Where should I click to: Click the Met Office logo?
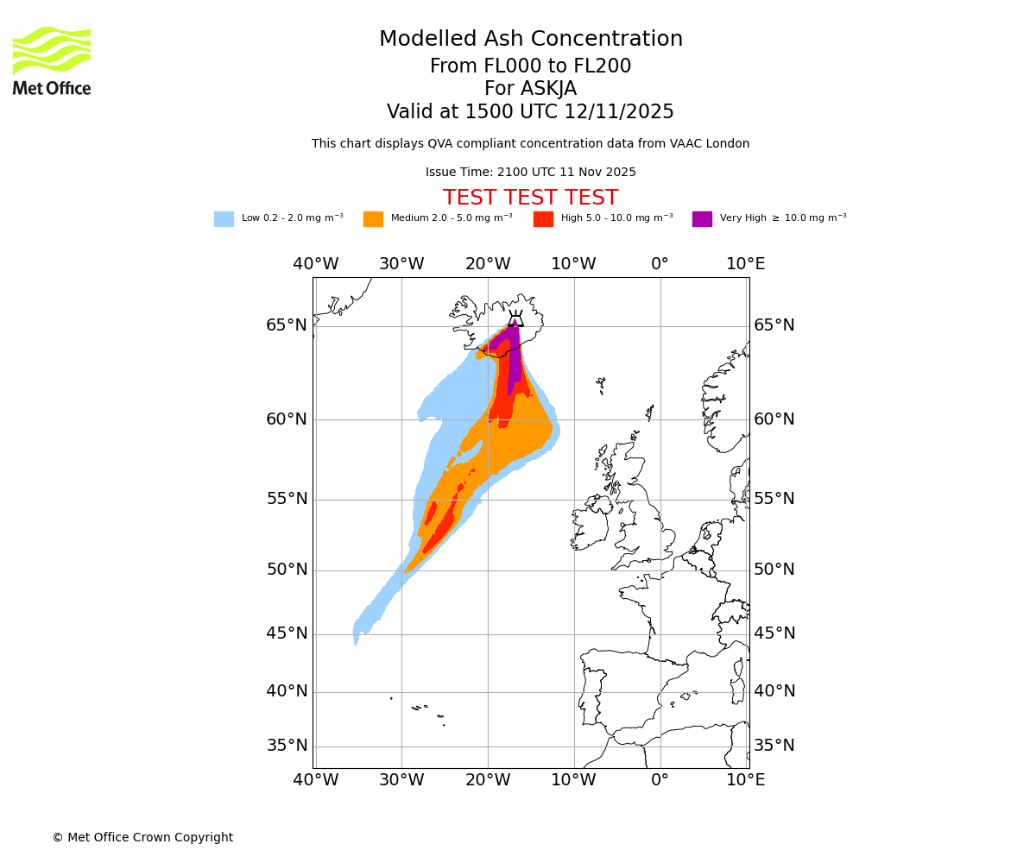tap(52, 60)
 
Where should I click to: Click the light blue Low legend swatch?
tap(224, 219)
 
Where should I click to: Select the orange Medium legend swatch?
tap(373, 219)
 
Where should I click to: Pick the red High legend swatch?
tap(543, 219)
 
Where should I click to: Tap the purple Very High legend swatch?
tap(702, 219)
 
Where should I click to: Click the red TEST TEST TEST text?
tap(530, 198)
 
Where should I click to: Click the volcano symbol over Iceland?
tap(515, 319)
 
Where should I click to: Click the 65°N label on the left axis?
tap(287, 325)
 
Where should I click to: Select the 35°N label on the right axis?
tap(774, 746)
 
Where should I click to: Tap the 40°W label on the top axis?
tap(315, 264)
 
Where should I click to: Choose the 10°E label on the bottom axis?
tap(746, 780)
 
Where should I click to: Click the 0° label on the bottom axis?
tap(660, 780)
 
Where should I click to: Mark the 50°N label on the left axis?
tap(287, 570)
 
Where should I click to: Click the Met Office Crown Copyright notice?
tap(142, 837)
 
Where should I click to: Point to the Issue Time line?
tap(530, 173)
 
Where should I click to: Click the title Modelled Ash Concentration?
tap(530, 40)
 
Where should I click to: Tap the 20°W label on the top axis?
tap(488, 264)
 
